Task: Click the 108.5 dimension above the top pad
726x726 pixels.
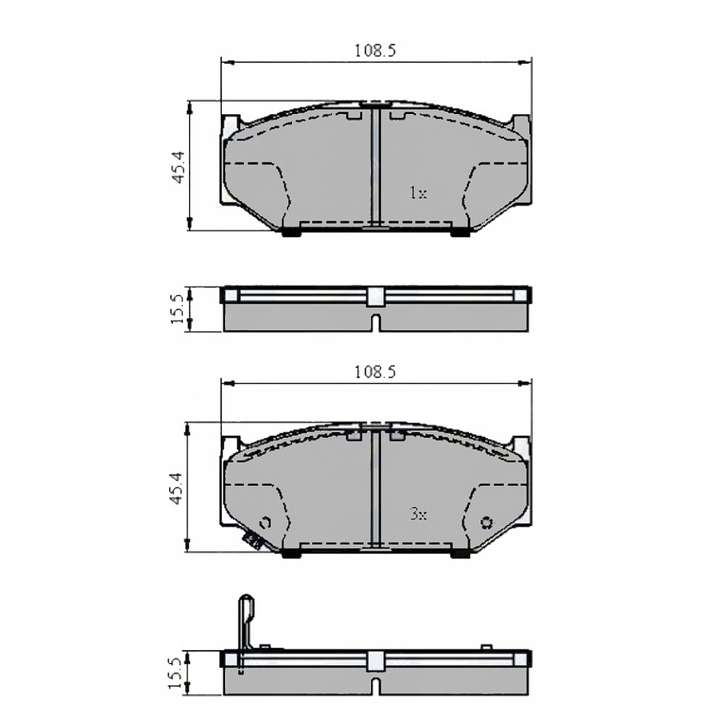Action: click(375, 50)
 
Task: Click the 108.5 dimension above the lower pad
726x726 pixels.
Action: click(375, 372)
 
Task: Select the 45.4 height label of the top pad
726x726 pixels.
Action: click(178, 167)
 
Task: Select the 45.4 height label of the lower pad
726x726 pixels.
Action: click(177, 488)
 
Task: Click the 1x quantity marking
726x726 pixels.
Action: click(418, 192)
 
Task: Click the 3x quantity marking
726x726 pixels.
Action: click(418, 514)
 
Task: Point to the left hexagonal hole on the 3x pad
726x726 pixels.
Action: click(266, 523)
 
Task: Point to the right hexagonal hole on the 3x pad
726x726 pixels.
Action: click(486, 523)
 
